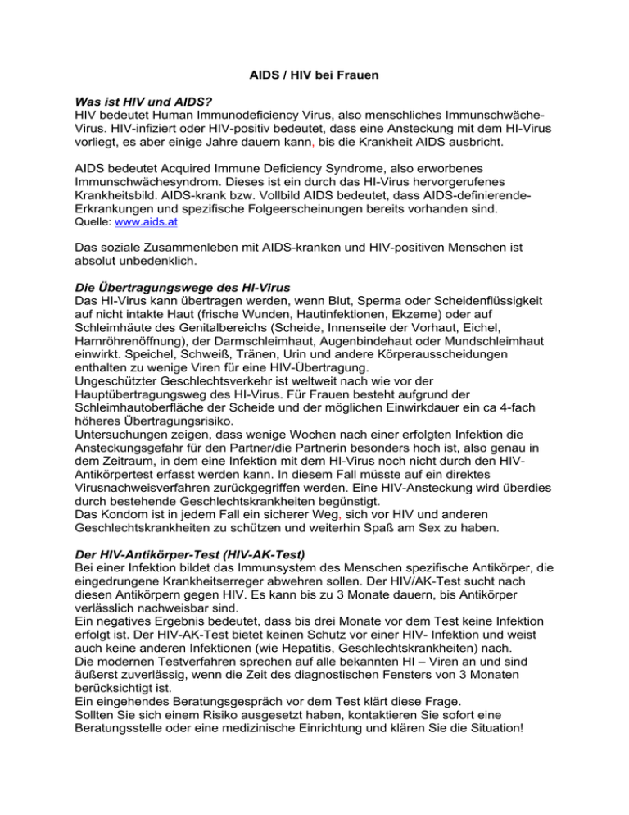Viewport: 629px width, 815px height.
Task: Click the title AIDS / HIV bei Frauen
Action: point(314,75)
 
